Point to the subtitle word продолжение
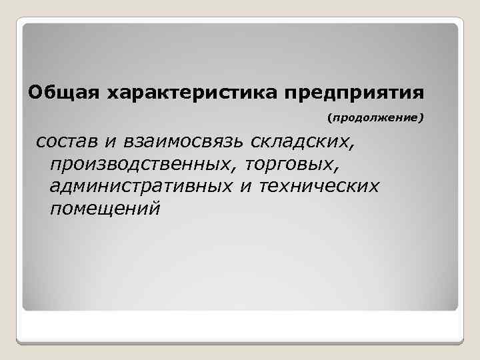click(375, 119)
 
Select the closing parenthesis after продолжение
click(421, 119)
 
